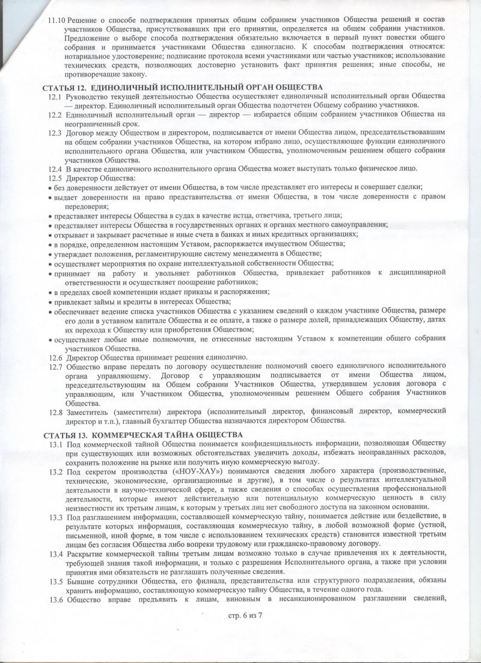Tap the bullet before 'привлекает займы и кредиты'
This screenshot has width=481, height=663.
49,301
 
